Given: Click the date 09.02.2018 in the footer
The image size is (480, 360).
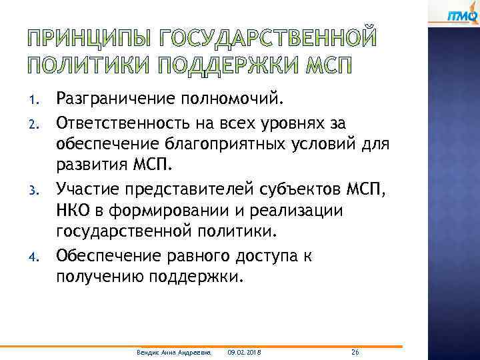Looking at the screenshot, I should tap(244, 351).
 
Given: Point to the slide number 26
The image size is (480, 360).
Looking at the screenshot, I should tap(355, 351).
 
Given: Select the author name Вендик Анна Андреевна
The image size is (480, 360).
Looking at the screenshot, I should tap(173, 351).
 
